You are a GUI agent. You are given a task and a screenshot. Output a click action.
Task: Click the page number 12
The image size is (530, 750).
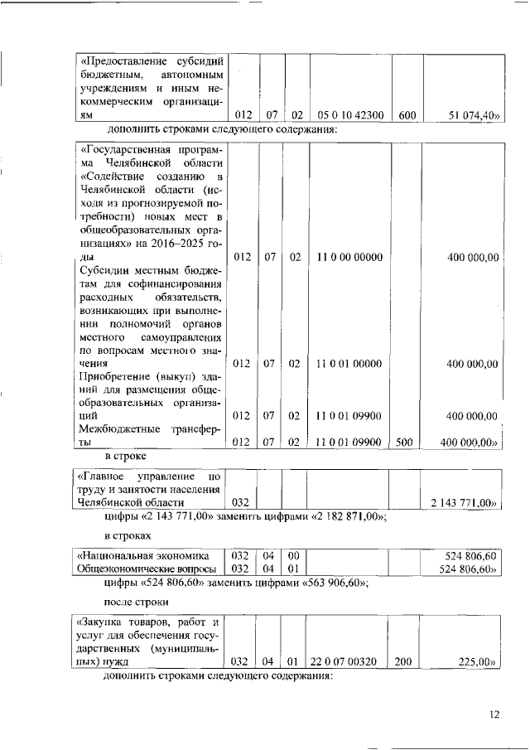point(494,714)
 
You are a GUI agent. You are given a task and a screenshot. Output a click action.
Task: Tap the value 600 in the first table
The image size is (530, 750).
point(407,116)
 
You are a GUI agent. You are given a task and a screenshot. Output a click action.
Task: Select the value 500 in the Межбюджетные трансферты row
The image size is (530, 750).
point(404,443)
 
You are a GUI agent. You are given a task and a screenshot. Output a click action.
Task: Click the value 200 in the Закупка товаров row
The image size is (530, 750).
point(404,662)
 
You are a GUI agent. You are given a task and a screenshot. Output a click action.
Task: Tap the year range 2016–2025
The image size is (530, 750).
point(171,244)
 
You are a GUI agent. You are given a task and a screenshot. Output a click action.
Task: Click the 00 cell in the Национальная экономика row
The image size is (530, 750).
point(293,556)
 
